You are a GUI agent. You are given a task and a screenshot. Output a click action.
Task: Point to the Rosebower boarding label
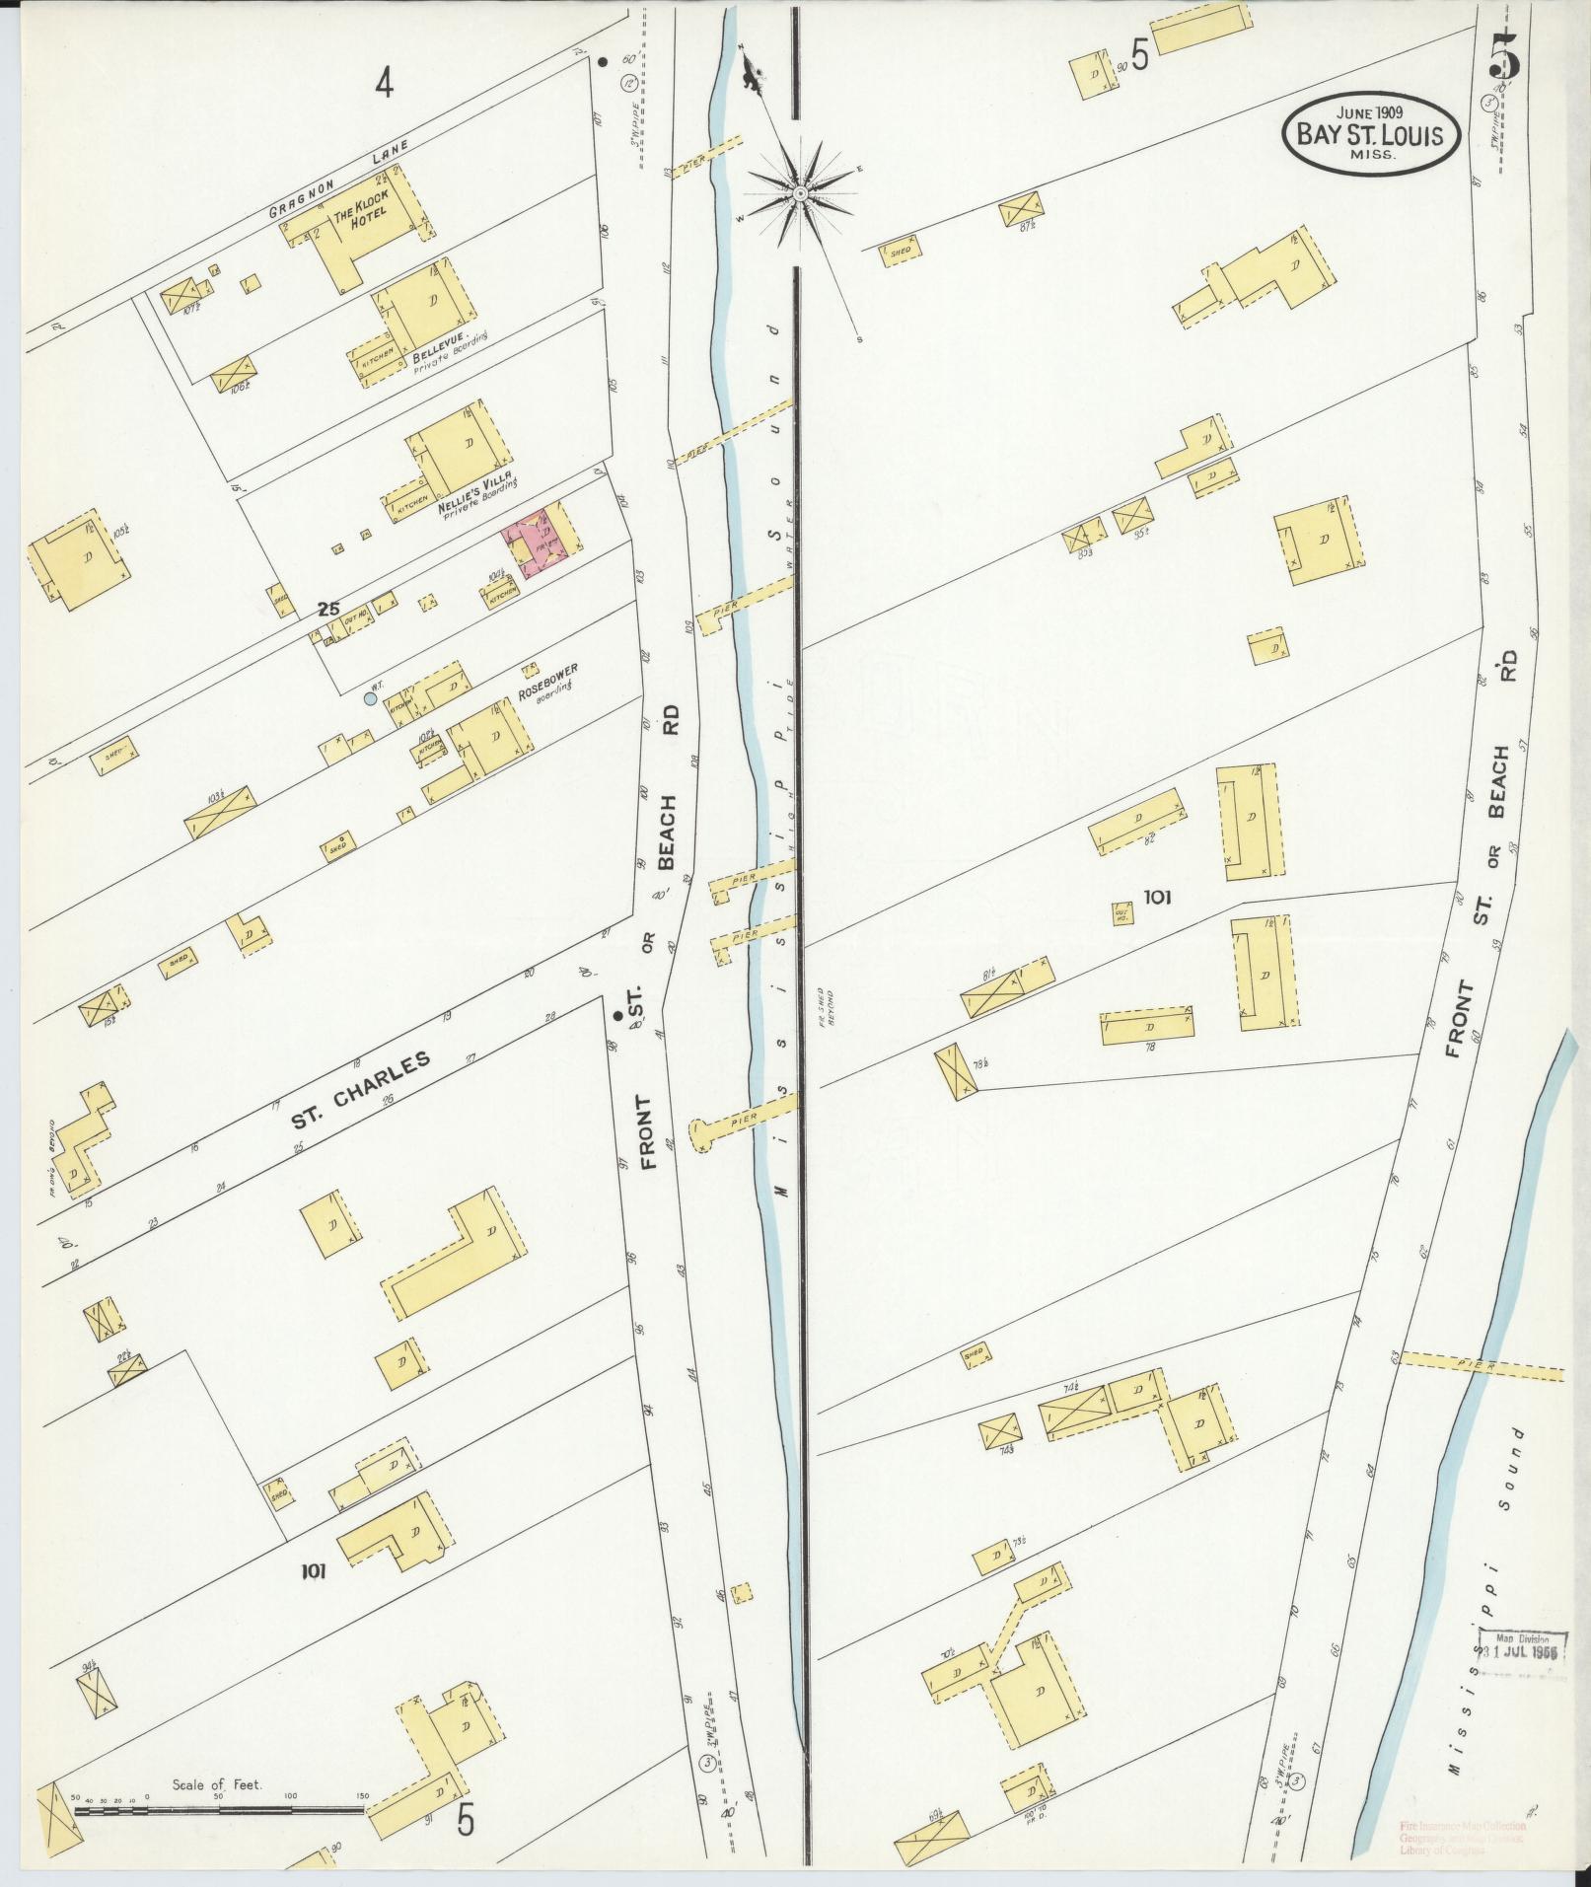[547, 682]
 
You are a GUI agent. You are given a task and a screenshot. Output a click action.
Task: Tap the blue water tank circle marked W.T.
[370, 698]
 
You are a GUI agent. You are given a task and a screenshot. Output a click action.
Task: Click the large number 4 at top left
[384, 85]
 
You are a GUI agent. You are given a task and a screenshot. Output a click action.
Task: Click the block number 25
[328, 610]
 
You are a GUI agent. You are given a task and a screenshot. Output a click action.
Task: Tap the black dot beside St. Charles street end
[617, 1015]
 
